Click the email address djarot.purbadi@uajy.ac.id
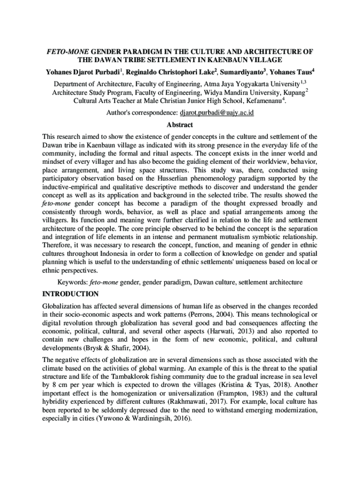click(216, 113)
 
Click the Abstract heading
click(180, 125)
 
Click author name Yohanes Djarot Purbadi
click(82, 73)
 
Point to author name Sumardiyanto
click(248, 73)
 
